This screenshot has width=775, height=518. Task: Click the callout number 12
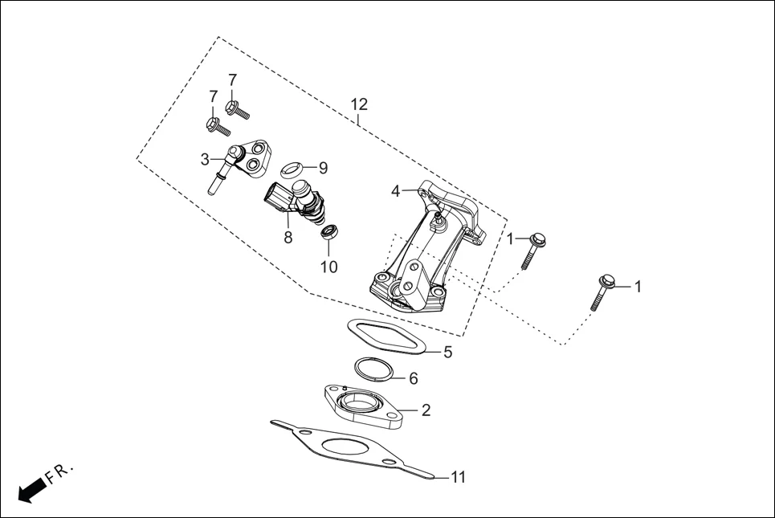[x=359, y=104]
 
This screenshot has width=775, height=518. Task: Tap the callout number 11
[x=458, y=477]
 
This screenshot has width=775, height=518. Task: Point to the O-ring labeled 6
[x=375, y=369]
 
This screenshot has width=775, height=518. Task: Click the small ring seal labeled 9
[x=292, y=169]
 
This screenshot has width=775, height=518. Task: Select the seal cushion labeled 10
[x=328, y=233]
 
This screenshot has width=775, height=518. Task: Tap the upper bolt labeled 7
[x=237, y=109]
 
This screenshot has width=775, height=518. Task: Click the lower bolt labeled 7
[x=218, y=127]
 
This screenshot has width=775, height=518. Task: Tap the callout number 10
[x=329, y=267]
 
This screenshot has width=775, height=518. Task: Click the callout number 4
[x=395, y=191]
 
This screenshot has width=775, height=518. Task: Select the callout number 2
[x=426, y=410]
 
